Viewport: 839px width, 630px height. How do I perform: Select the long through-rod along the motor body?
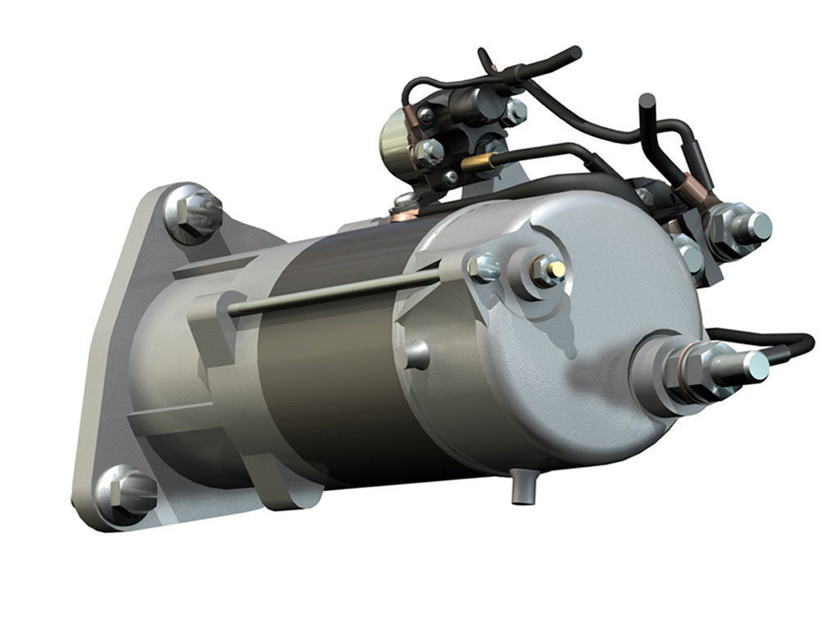pos(328,292)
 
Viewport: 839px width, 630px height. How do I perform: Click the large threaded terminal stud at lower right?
pos(741,365)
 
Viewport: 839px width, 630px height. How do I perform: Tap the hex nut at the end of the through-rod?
pos(483,267)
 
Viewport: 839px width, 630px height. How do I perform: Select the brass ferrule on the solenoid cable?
pos(474,163)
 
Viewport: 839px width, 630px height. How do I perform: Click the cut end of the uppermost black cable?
pos(573,53)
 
